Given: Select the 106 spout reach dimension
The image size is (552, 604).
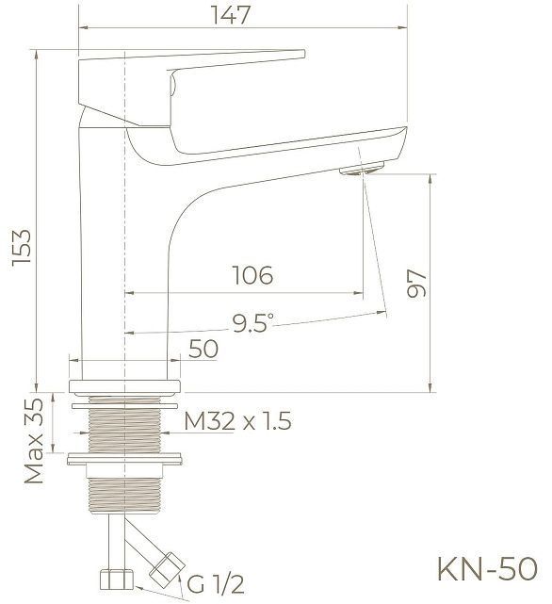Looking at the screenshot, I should point(252,275).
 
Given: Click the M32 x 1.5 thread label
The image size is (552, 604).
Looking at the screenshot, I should point(237,421).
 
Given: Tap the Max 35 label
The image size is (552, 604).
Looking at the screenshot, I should point(34,440).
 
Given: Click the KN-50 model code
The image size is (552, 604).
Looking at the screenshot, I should point(487,569).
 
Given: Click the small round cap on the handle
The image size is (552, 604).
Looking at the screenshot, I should point(172,84).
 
